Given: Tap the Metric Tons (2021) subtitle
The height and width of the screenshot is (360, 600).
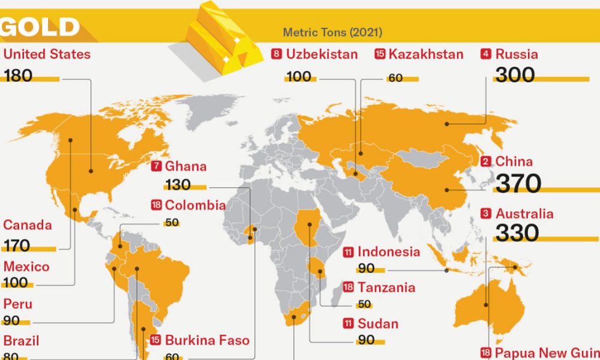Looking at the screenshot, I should (x=332, y=32).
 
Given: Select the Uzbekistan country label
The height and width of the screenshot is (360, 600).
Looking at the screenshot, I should (x=322, y=54).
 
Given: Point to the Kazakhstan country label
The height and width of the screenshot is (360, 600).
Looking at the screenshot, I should (x=426, y=54).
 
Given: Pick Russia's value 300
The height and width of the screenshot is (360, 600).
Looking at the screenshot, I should (x=515, y=75).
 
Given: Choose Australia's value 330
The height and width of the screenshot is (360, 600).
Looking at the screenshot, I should (x=516, y=233).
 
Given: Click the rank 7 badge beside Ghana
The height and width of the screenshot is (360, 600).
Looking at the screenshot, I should (x=157, y=167).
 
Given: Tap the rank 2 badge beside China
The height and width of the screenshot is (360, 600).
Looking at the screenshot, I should (x=486, y=161).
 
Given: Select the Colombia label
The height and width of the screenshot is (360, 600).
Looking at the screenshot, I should (x=196, y=205).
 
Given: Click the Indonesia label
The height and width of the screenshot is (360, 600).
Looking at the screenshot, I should (x=389, y=252).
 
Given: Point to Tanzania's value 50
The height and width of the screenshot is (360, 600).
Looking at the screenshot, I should (x=364, y=304).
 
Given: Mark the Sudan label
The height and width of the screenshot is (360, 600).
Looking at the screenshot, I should (x=378, y=324).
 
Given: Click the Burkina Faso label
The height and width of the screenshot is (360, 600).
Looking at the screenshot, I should (x=207, y=340).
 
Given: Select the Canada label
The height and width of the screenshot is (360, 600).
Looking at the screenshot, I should (x=28, y=226).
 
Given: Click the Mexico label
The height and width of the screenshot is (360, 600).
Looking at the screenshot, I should (x=26, y=266).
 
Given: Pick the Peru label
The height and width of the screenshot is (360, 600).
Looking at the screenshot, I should (x=18, y=304).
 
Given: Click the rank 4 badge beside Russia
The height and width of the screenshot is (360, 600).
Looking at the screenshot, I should (x=486, y=54).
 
